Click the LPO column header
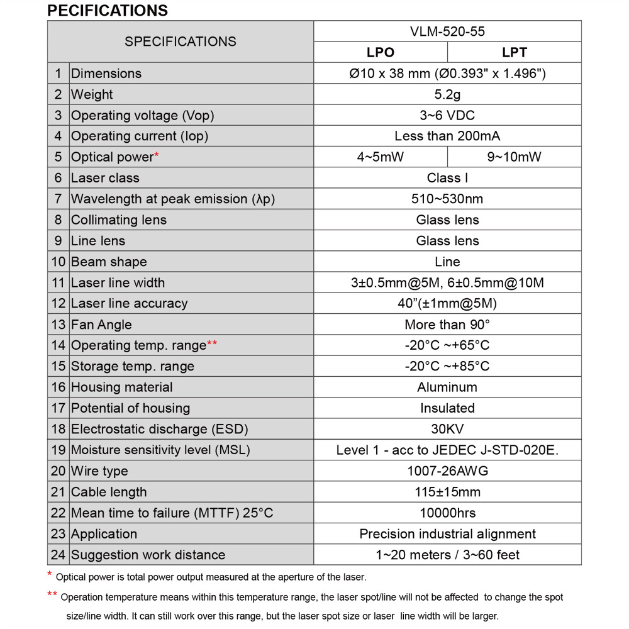point(381,53)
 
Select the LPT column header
point(514,53)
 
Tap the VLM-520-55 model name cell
point(447,31)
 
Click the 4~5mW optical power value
point(381,157)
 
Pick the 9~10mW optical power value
point(514,157)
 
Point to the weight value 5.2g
point(447,94)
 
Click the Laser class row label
point(105,178)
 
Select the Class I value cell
point(447,178)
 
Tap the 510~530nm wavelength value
point(447,199)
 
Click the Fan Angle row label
point(101,325)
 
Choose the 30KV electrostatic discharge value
point(447,429)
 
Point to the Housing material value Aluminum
point(447,387)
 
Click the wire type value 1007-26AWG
point(447,471)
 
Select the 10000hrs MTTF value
point(447,513)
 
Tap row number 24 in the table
point(58,555)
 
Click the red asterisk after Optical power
point(157,155)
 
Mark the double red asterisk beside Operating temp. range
point(212,343)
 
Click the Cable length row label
point(109,492)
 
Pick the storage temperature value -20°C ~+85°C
point(447,366)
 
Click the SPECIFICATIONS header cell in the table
point(181,42)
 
